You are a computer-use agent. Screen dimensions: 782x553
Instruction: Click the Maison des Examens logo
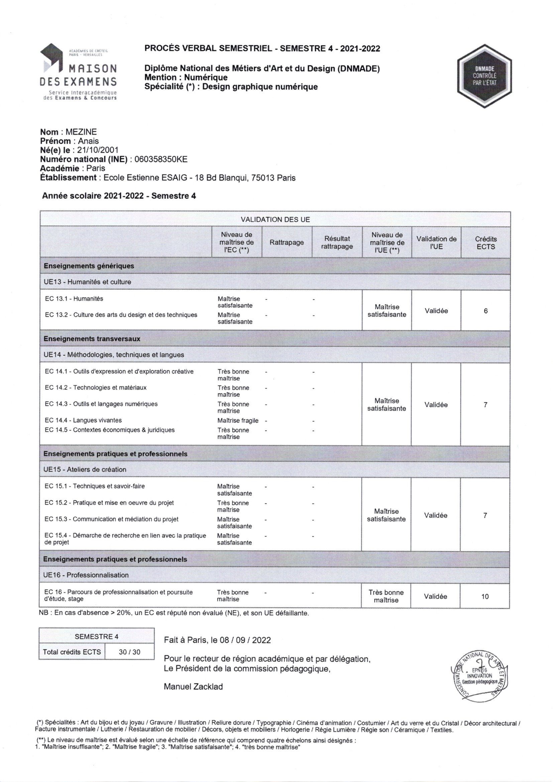(x=78, y=72)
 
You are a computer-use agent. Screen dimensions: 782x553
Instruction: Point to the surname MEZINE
(x=81, y=132)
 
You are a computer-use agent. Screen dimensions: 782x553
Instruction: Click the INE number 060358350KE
(x=161, y=160)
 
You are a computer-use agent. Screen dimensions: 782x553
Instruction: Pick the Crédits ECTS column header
(x=485, y=243)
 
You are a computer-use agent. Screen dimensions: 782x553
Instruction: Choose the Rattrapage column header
(x=287, y=242)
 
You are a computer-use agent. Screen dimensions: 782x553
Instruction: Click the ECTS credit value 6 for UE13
(x=485, y=311)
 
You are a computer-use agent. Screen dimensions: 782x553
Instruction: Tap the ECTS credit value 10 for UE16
(x=485, y=596)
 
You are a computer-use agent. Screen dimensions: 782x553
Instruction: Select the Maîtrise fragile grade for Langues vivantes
(x=238, y=421)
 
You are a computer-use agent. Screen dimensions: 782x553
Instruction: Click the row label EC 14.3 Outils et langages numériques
(x=101, y=404)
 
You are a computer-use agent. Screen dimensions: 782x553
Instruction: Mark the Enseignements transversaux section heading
(x=92, y=339)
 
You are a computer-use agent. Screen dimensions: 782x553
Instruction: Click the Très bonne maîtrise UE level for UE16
(x=386, y=596)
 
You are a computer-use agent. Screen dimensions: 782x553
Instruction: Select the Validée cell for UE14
(x=436, y=405)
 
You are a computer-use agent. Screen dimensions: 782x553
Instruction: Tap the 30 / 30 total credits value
(x=129, y=652)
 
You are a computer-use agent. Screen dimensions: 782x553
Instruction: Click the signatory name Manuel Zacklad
(x=193, y=687)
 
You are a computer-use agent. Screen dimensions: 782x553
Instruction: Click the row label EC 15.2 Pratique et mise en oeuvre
(x=109, y=503)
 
